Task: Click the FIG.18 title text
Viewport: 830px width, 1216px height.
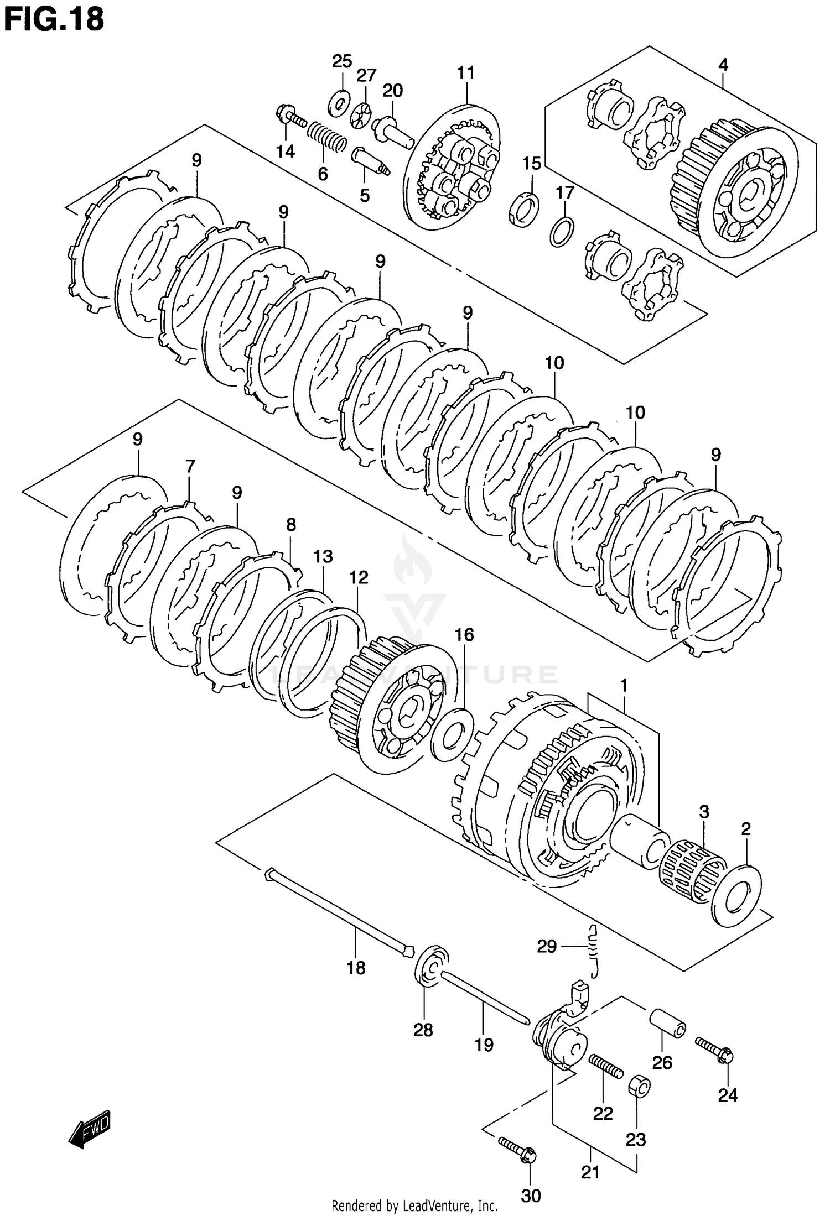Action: pyautogui.click(x=53, y=19)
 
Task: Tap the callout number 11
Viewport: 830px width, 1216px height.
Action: pyautogui.click(x=466, y=72)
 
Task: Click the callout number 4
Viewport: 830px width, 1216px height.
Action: pyautogui.click(x=723, y=65)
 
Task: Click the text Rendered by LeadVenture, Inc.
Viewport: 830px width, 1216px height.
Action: pyautogui.click(x=414, y=1205)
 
